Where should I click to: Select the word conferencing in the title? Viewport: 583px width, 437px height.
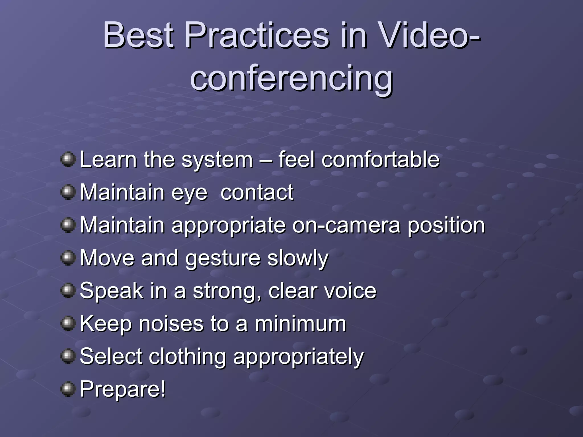click(291, 78)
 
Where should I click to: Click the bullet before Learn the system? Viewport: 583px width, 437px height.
click(68, 159)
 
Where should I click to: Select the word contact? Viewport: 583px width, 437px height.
click(257, 192)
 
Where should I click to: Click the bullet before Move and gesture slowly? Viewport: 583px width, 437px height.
click(68, 258)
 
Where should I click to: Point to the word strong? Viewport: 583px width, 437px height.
click(227, 292)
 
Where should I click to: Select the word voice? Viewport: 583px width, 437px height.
click(351, 291)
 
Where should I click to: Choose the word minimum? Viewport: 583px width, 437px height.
click(300, 324)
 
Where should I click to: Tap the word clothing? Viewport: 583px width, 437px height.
click(188, 357)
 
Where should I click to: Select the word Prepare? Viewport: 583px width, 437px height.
click(123, 389)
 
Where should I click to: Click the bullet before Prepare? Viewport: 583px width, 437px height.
click(68, 389)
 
